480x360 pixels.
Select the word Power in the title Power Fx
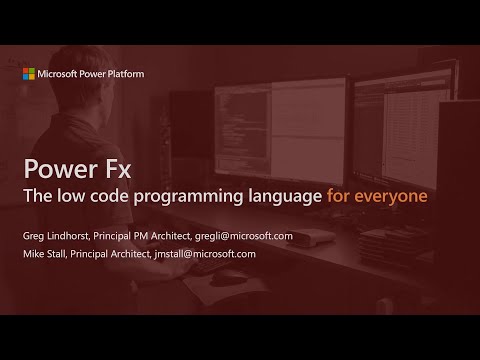[61, 166]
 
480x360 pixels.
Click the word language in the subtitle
[282, 196]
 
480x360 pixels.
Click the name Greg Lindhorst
[62, 236]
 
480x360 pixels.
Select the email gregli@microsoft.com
[246, 236]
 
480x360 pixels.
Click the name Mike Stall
[49, 254]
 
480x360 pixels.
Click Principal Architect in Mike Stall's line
[118, 254]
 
